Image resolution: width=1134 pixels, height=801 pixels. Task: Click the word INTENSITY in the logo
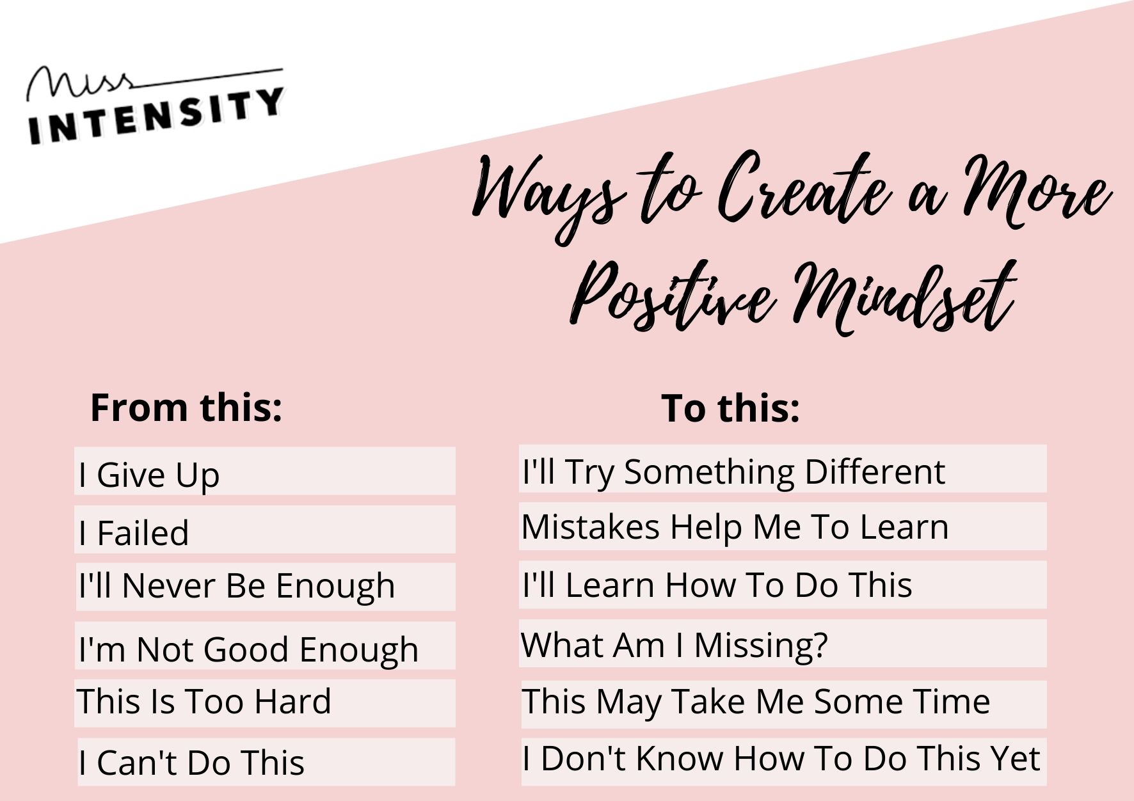click(x=156, y=116)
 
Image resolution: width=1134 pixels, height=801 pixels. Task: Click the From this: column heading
click(x=186, y=408)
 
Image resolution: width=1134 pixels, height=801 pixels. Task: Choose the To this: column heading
click(x=730, y=408)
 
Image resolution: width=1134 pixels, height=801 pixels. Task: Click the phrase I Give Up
click(x=149, y=475)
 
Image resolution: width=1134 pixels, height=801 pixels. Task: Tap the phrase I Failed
click(x=134, y=533)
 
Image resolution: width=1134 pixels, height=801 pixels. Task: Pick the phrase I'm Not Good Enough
click(x=248, y=650)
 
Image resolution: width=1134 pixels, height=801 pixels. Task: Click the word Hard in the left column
click(x=293, y=701)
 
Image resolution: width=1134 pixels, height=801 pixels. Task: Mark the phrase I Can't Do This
click(x=191, y=763)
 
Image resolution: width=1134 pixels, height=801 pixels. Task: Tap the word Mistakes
click(x=591, y=527)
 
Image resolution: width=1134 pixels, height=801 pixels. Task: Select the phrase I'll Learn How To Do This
click(x=717, y=585)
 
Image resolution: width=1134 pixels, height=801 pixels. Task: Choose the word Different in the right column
click(x=875, y=472)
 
